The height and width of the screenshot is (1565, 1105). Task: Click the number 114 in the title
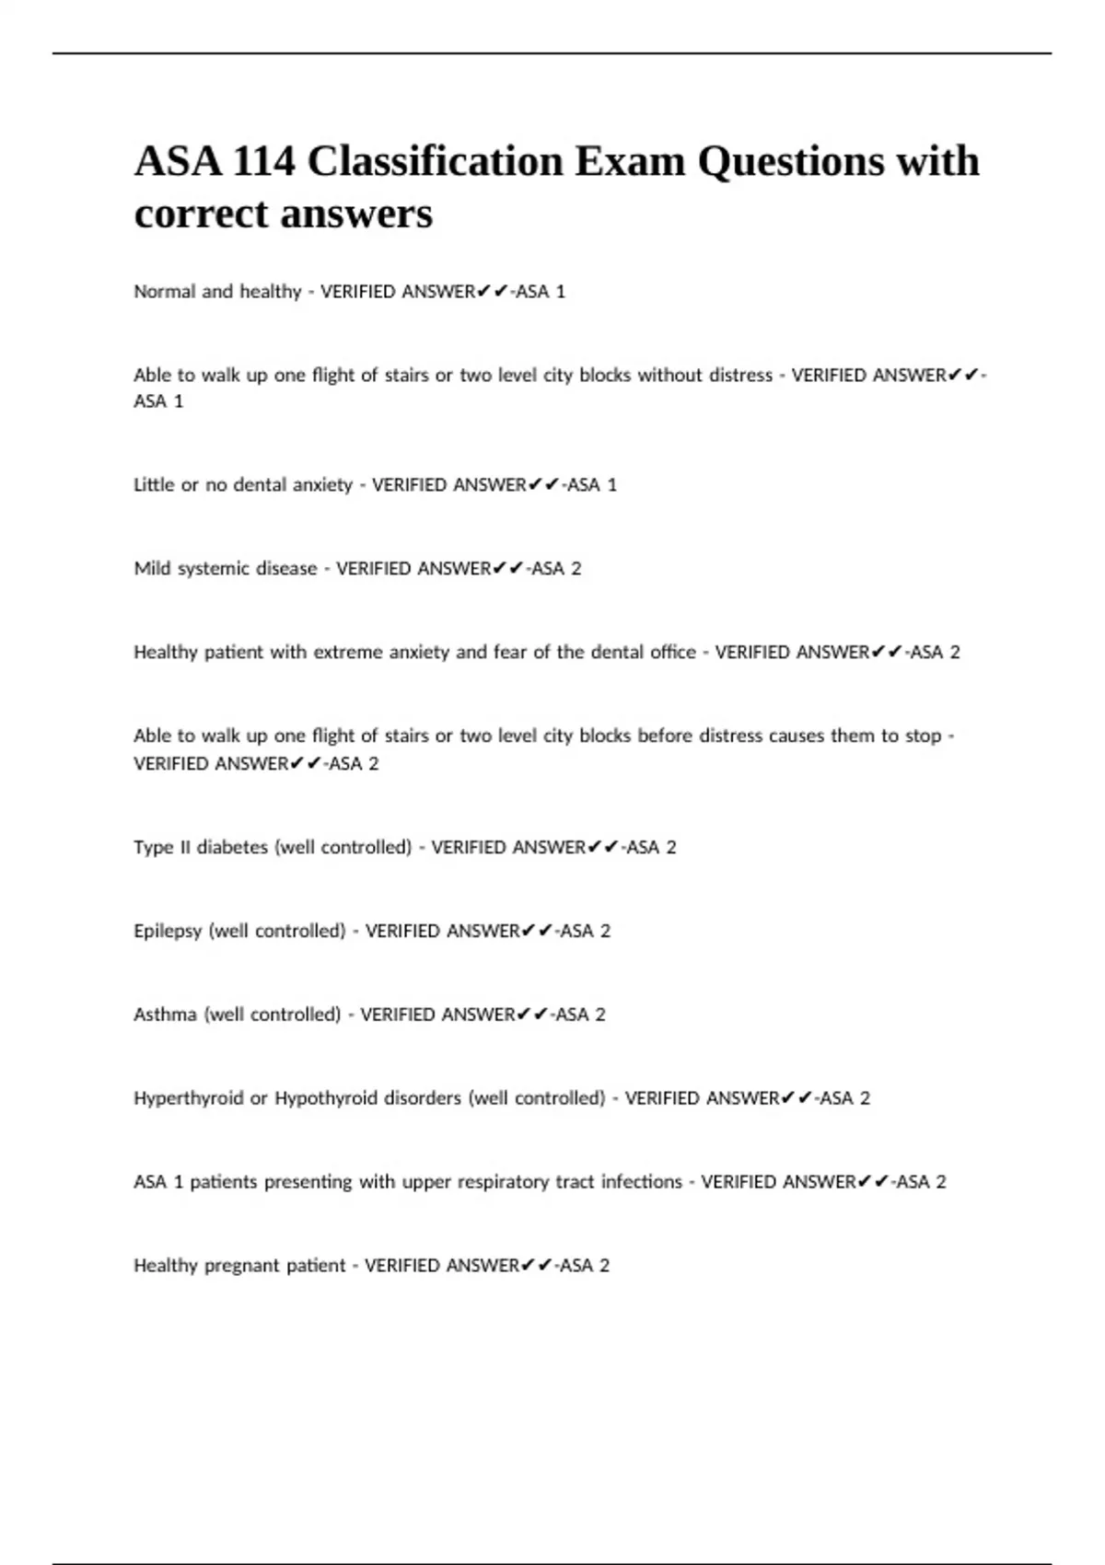coord(264,162)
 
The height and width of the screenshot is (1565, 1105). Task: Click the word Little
coord(152,484)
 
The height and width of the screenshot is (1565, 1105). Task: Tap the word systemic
coord(200,568)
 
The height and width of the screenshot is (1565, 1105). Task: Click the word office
coord(667,652)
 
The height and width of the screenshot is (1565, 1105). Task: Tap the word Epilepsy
coord(168,931)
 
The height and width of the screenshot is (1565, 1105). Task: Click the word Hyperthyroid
coord(188,1098)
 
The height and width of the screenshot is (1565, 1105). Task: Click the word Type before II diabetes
coord(152,847)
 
